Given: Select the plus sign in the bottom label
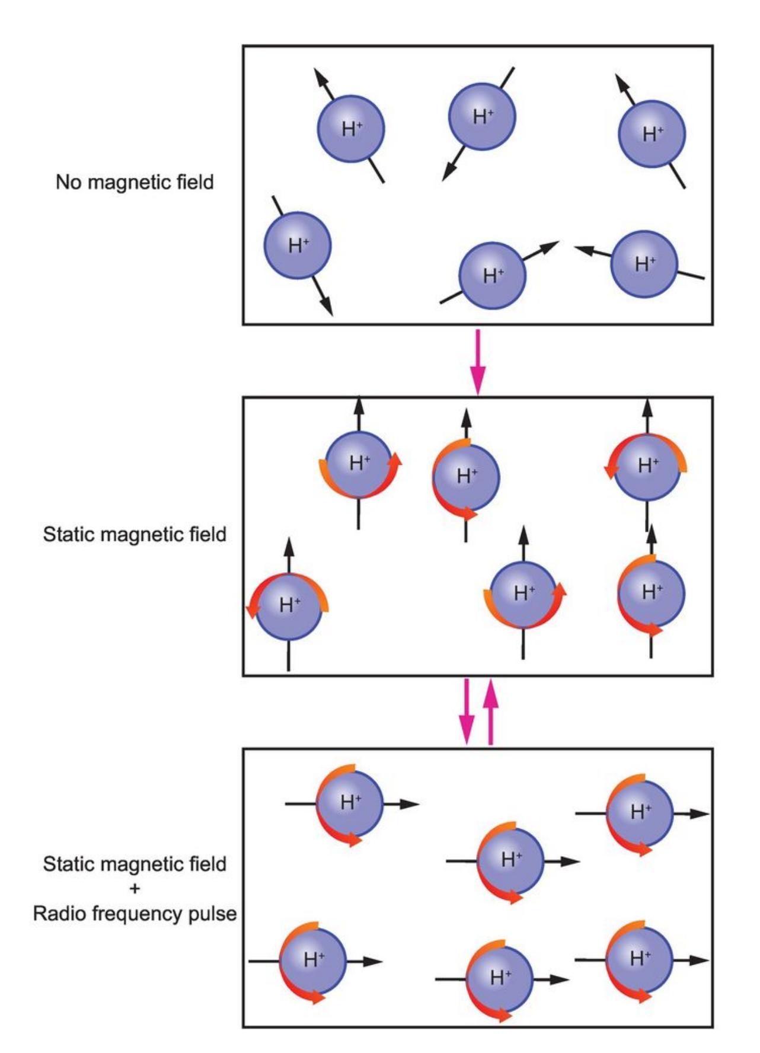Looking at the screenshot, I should pos(135,888).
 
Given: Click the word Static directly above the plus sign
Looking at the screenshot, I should pos(68,864).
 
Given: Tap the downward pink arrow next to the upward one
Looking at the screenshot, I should pos(467,711).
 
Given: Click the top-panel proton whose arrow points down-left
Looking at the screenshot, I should pos(482,116).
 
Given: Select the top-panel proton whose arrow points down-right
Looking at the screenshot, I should pos(298,245).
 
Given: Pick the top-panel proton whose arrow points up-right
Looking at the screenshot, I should pos(493,275).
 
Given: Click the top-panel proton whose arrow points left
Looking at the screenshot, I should pos(644,264).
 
